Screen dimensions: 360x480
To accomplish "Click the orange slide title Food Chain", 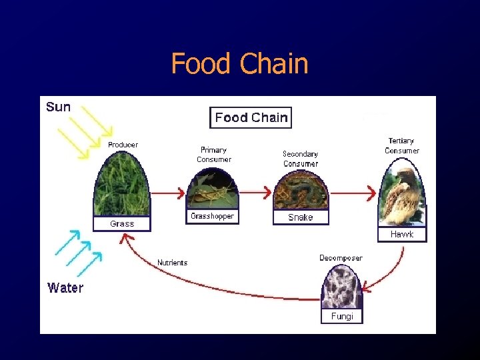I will pyautogui.click(x=239, y=64).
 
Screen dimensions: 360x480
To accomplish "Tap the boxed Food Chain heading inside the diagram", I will pyautogui.click(x=251, y=118).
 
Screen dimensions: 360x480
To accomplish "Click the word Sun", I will pyautogui.click(x=58, y=107).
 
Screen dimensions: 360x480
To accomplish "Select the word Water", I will pyautogui.click(x=65, y=288).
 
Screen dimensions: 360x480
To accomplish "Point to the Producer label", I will pyautogui.click(x=123, y=145).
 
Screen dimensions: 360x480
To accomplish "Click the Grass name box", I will pyautogui.click(x=122, y=224).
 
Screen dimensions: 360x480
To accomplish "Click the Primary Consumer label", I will pyautogui.click(x=214, y=155).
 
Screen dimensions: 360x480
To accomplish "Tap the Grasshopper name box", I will pyautogui.click(x=212, y=217).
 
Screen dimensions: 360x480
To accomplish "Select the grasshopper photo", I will pyautogui.click(x=212, y=189).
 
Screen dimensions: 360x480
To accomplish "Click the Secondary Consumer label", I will pyautogui.click(x=301, y=159).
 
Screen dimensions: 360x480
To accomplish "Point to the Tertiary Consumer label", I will pyautogui.click(x=402, y=145).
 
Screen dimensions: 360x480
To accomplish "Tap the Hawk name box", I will pyautogui.click(x=402, y=234).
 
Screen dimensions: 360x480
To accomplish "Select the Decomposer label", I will pyautogui.click(x=341, y=258).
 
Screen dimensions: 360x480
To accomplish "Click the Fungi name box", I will pyautogui.click(x=342, y=316).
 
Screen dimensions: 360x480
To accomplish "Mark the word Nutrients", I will pyautogui.click(x=172, y=263).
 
